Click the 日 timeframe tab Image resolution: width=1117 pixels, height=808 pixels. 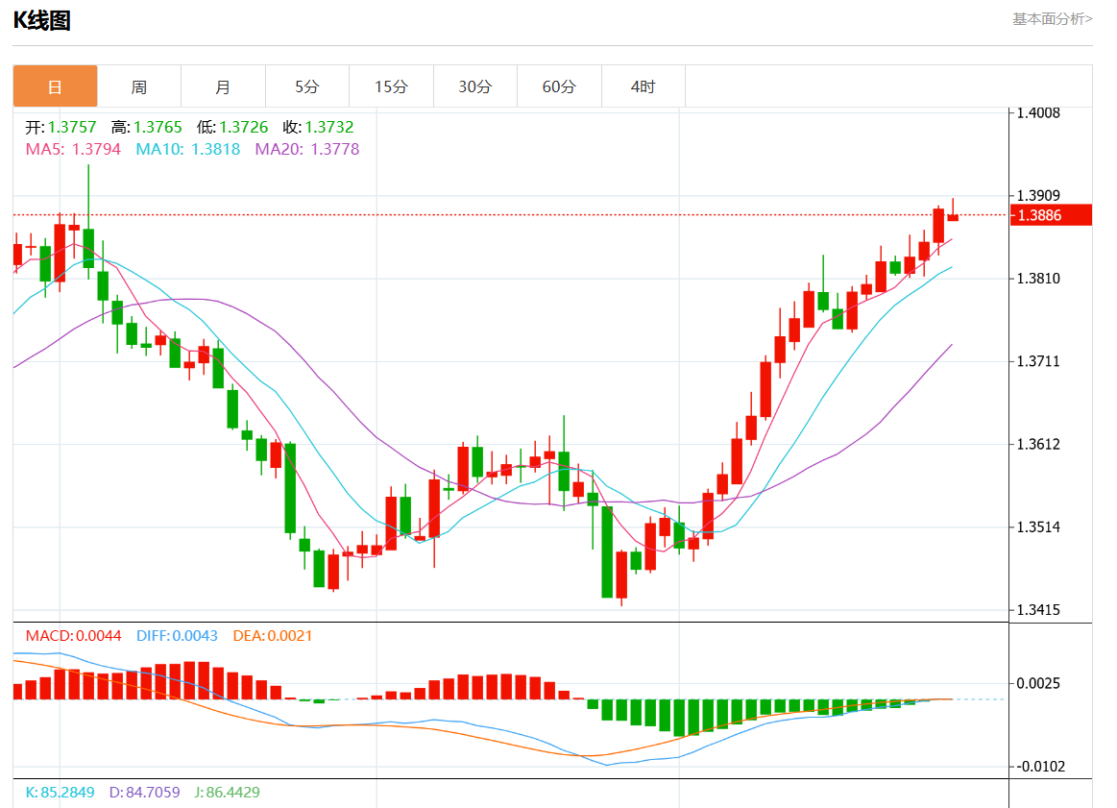(x=55, y=86)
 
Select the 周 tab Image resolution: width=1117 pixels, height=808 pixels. (x=139, y=86)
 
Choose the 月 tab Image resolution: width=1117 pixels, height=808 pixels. (x=223, y=86)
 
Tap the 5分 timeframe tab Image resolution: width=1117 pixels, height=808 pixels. (x=306, y=86)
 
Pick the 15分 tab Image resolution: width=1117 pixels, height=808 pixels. (x=391, y=86)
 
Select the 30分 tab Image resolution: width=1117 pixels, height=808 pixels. (x=474, y=86)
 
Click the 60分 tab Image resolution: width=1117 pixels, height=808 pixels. (x=559, y=86)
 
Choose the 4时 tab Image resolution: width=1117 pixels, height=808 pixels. (x=643, y=86)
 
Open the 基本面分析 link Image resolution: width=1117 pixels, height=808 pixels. (x=1052, y=18)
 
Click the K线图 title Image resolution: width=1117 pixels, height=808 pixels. (x=41, y=20)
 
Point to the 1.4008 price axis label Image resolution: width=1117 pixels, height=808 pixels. (x=1039, y=113)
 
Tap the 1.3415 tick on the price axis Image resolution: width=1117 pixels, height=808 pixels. (x=1039, y=610)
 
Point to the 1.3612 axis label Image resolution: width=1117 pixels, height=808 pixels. (x=1039, y=444)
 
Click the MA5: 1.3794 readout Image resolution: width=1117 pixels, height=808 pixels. (x=73, y=149)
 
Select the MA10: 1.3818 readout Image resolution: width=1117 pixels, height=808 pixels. (x=188, y=149)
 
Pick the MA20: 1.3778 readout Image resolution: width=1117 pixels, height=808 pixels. (x=307, y=149)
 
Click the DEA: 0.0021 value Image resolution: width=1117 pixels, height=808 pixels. (x=273, y=636)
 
